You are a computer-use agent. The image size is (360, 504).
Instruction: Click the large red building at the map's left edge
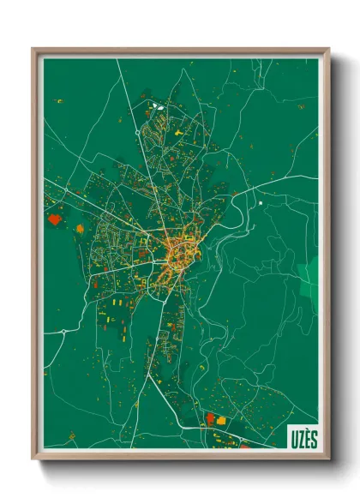(56, 219)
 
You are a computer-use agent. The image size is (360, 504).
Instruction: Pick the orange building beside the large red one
(81, 229)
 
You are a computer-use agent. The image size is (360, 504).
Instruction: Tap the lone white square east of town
(260, 203)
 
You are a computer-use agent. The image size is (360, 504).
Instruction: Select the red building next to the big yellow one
(210, 417)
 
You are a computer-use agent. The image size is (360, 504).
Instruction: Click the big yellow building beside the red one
(221, 421)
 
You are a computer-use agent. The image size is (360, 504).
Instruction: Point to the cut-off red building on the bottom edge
(244, 446)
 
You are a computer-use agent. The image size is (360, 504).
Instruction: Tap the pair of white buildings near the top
(158, 106)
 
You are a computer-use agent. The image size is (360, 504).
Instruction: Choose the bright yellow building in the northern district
(178, 135)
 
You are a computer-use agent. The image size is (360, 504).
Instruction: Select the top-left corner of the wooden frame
(33, 50)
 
